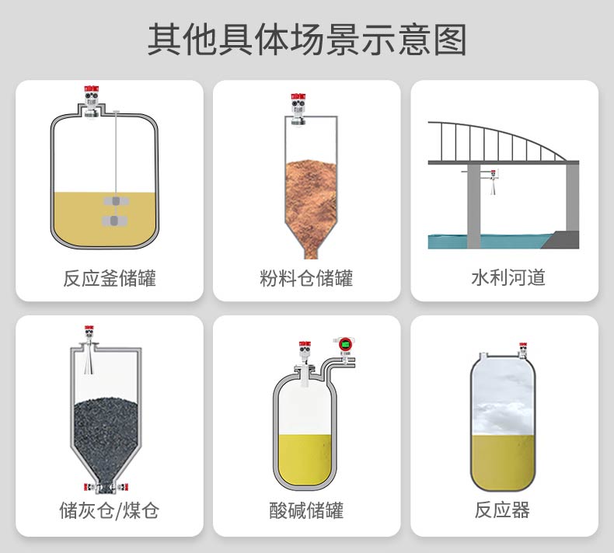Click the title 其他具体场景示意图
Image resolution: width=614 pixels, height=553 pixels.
point(306,40)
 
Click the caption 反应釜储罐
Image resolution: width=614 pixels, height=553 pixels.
point(110,278)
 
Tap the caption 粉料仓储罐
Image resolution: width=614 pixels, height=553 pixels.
point(306,278)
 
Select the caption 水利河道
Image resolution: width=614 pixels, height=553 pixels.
point(508,277)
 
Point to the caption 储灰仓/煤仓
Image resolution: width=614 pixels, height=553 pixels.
point(110,510)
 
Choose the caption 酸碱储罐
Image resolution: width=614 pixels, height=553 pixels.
point(306,510)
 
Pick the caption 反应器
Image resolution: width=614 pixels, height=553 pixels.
point(502,510)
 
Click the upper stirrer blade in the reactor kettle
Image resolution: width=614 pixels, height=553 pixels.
point(116,202)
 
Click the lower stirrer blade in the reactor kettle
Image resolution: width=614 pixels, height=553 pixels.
point(114,221)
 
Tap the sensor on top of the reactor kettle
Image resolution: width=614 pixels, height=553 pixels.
point(91,102)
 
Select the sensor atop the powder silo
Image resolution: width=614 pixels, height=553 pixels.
point(298,110)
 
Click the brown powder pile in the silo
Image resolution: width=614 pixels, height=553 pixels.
point(312,207)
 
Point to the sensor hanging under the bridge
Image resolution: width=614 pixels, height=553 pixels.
point(493,182)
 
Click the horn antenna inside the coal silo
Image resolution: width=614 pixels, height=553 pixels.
point(89,361)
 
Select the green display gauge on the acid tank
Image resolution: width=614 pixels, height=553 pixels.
point(345,345)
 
